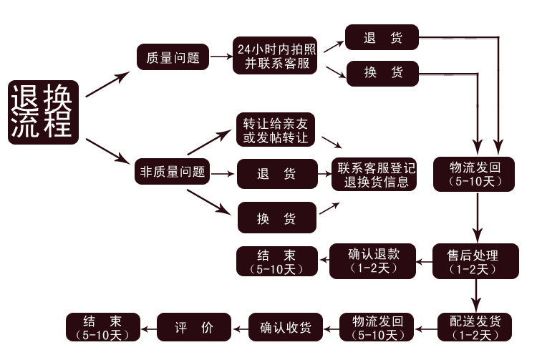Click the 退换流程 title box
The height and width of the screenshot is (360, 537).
click(x=42, y=112)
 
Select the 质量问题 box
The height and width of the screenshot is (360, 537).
click(x=173, y=57)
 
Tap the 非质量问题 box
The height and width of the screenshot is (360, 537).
click(x=173, y=172)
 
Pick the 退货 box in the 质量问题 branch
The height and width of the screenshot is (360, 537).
click(x=382, y=38)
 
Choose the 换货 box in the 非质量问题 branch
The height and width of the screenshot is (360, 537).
click(x=276, y=218)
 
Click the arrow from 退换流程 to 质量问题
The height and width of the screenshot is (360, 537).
click(x=109, y=83)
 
